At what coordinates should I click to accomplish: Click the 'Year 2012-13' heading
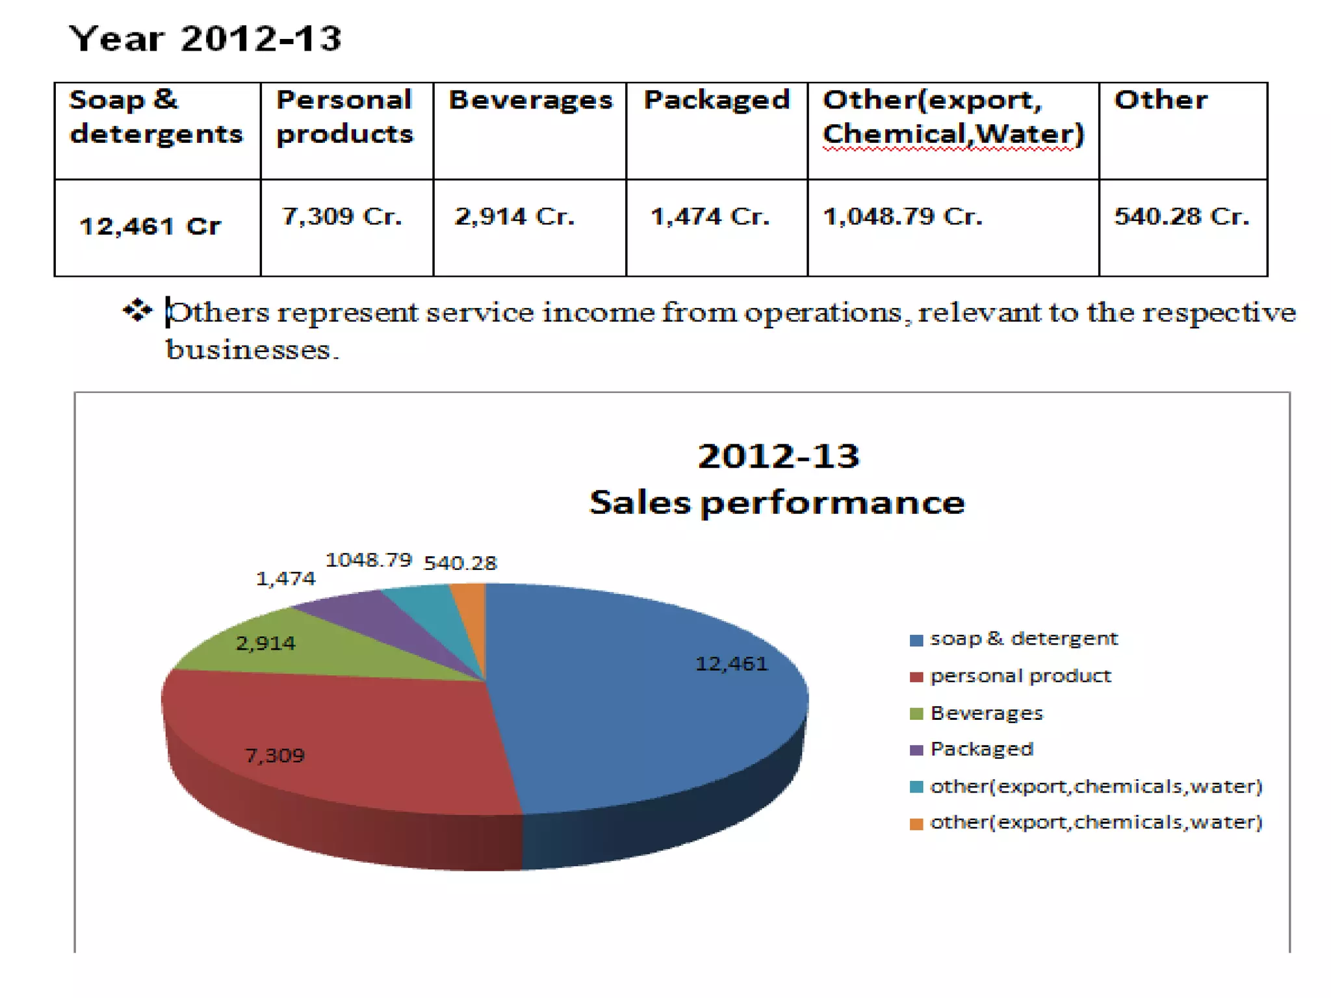coord(205,39)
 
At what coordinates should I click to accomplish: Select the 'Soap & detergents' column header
coord(156,116)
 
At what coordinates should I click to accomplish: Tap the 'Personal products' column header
coord(344,116)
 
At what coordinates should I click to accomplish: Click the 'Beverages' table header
coord(530,100)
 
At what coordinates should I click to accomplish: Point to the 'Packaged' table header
coord(717,100)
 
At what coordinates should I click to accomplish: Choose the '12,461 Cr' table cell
coord(150,226)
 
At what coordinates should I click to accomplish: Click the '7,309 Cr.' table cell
coord(342,216)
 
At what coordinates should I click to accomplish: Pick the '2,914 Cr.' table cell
coord(515,216)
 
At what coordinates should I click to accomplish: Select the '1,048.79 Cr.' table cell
coord(903,216)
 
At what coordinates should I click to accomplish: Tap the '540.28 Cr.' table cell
coord(1182,216)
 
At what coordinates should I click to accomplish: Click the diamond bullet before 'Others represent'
coord(137,311)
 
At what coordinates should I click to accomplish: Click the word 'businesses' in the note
coord(248,350)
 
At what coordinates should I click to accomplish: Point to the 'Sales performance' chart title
coord(777,502)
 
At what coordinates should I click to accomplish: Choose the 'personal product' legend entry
coord(1011,676)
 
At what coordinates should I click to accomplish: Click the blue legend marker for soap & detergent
coord(916,641)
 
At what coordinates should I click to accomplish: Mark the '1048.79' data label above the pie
coord(368,560)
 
